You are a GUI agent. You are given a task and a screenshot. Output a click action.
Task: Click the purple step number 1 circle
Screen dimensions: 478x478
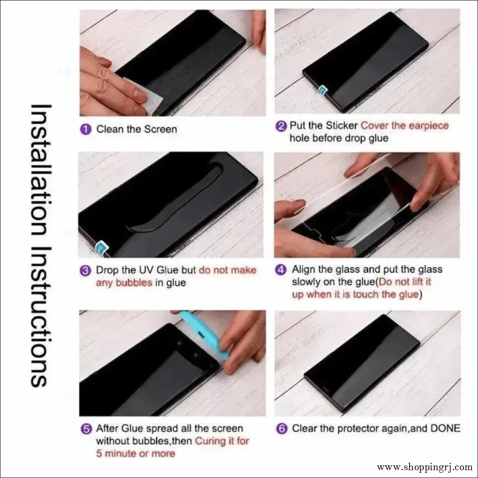click(x=86, y=129)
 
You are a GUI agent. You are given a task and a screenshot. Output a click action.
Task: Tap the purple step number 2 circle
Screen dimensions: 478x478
click(x=282, y=126)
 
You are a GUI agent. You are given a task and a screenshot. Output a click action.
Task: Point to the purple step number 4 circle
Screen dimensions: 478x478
click(x=282, y=270)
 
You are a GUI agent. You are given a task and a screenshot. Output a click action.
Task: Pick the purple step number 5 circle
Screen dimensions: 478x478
click(x=86, y=429)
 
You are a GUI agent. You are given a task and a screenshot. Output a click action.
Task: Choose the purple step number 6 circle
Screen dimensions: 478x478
click(x=282, y=429)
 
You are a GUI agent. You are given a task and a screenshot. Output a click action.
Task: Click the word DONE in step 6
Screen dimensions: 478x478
click(x=445, y=428)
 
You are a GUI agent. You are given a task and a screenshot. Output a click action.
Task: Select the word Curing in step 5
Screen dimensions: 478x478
click(x=211, y=441)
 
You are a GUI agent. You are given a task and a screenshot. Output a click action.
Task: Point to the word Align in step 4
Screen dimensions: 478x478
click(x=304, y=269)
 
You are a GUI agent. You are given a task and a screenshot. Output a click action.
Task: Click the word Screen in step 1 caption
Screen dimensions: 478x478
click(x=160, y=129)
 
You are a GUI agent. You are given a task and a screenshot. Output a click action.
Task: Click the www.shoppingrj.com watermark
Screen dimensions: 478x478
click(x=425, y=468)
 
